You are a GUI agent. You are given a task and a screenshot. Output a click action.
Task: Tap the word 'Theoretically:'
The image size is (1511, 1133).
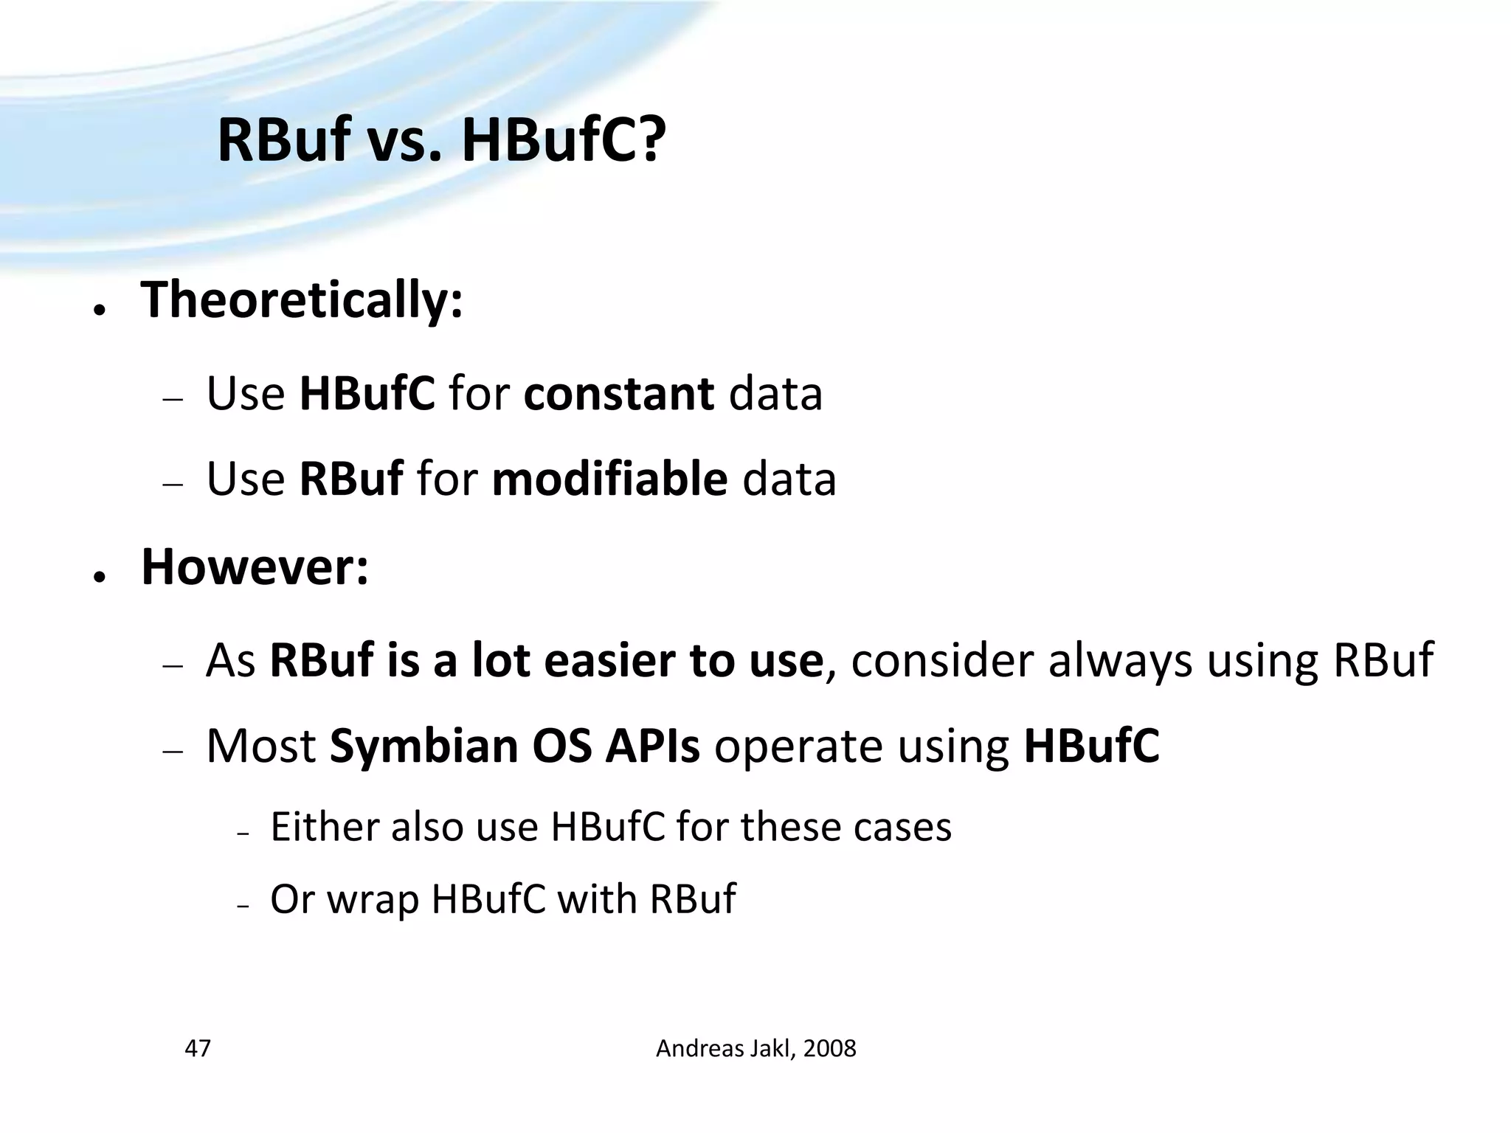click(302, 300)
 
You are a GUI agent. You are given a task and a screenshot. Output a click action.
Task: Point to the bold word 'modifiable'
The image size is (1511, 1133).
click(609, 479)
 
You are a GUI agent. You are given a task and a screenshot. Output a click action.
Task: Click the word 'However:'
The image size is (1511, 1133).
click(255, 567)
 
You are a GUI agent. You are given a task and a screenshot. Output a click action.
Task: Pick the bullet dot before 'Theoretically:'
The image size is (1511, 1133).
click(98, 310)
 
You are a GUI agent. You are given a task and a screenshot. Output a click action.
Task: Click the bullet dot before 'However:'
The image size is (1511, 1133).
click(98, 577)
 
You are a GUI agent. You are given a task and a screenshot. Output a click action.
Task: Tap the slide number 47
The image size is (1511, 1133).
click(198, 1048)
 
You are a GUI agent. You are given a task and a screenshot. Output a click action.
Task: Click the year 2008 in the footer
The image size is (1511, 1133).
click(829, 1048)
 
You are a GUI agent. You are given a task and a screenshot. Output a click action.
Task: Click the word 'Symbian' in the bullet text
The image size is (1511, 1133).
click(423, 746)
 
